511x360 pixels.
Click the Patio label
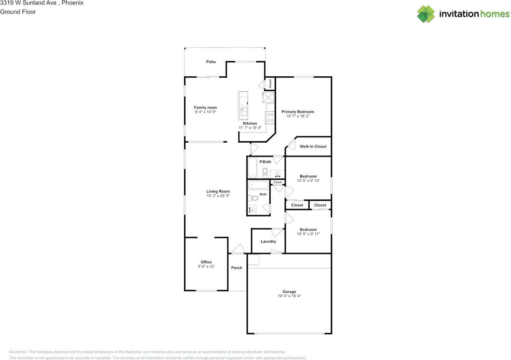[211, 62]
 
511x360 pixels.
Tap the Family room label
[205, 107]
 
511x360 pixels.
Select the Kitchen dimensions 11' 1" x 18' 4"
[250, 127]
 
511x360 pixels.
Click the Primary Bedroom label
[298, 111]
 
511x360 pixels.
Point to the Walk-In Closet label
[313, 146]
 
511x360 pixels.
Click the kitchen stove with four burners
[270, 117]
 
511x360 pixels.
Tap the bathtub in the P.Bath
[252, 167]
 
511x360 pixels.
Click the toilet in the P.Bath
[265, 173]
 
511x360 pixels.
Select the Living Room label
[218, 191]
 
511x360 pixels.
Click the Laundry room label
[268, 241]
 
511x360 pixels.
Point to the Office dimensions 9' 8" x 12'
[206, 267]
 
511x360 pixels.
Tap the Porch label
[237, 268]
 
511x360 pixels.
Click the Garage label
[289, 292]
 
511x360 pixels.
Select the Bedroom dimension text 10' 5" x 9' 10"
[308, 181]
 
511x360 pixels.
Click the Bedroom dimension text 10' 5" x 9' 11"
[308, 234]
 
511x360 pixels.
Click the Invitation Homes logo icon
[426, 14]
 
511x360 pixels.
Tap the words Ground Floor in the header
[18, 12]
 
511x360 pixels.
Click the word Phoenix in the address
[73, 3]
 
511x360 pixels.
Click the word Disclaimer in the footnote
[18, 352]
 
